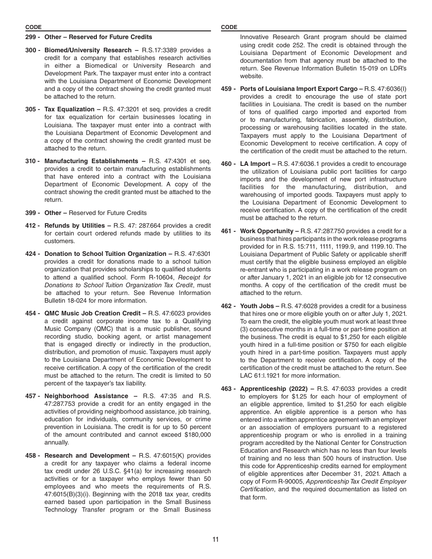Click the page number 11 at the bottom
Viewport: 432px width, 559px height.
(x=216, y=539)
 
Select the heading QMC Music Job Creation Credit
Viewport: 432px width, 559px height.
(x=92, y=313)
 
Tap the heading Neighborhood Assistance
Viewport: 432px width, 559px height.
(x=86, y=396)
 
